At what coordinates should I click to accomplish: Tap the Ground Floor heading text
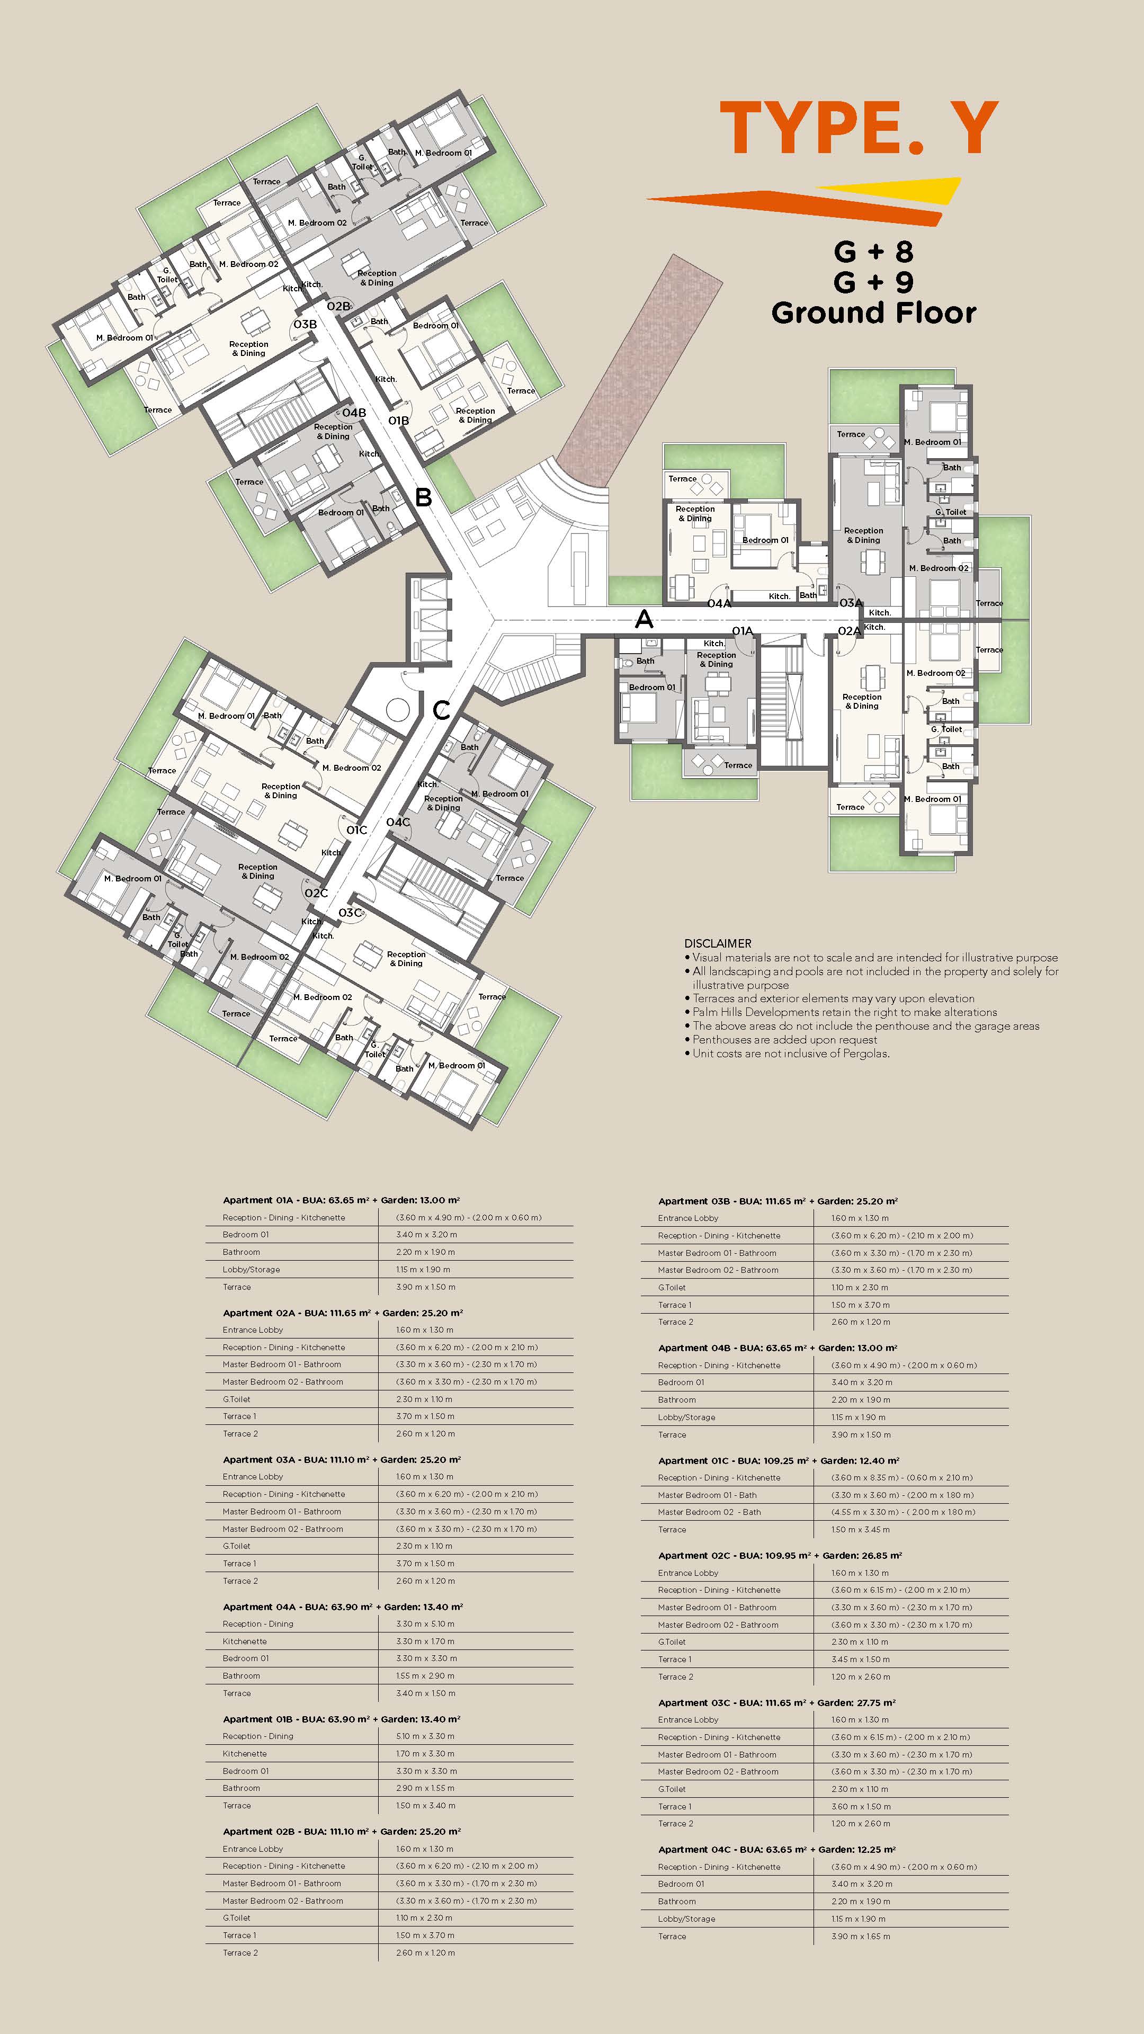click(x=873, y=314)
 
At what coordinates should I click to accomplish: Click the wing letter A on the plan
click(x=644, y=620)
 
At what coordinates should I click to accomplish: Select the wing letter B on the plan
click(x=423, y=497)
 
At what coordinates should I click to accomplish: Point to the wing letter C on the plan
click(x=441, y=710)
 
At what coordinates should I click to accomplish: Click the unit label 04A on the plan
click(x=719, y=603)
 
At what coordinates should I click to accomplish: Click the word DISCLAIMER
click(x=717, y=943)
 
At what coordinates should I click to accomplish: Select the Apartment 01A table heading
click(x=341, y=1200)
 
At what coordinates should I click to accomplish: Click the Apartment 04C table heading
click(x=776, y=1849)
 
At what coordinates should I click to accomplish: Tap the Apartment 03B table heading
click(x=777, y=1201)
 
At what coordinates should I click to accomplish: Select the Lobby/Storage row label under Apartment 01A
click(x=251, y=1270)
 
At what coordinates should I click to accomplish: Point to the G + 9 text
click(x=873, y=282)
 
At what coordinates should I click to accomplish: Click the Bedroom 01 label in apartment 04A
click(x=764, y=540)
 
